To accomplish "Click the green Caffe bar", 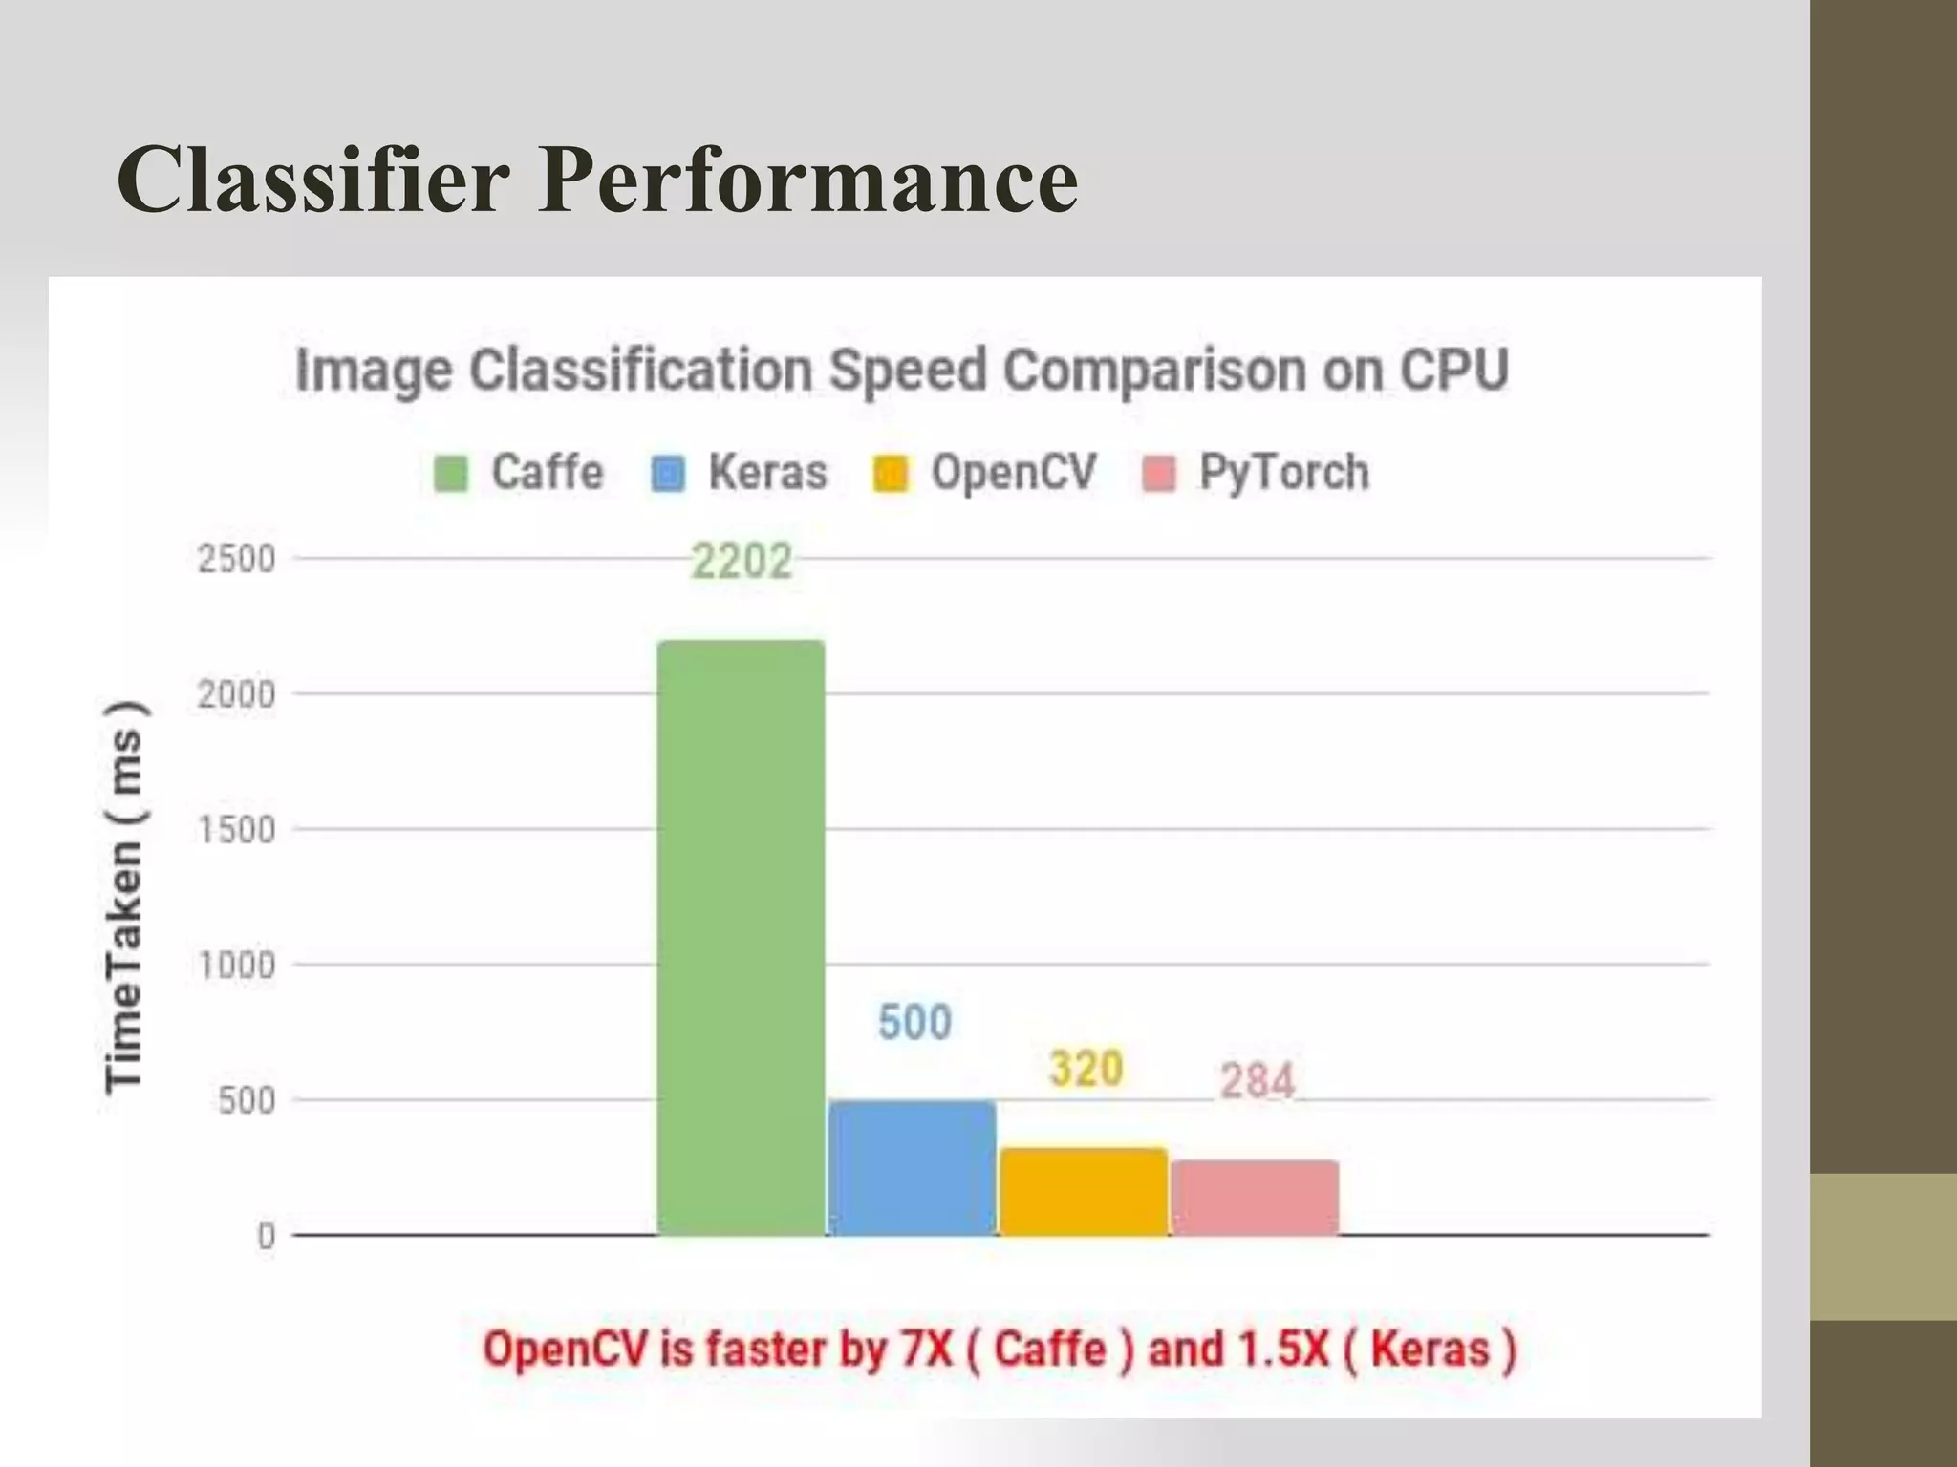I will (x=741, y=936).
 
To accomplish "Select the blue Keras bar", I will (x=912, y=1167).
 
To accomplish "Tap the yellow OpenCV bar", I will (x=1083, y=1191).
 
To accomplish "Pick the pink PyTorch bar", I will (x=1255, y=1198).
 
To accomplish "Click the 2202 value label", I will (x=742, y=562).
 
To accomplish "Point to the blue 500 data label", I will (x=914, y=1023).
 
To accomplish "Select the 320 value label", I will (x=1086, y=1069).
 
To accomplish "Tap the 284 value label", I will (x=1257, y=1081).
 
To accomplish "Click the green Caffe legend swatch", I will (x=451, y=473).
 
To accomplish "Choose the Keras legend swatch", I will (x=668, y=473).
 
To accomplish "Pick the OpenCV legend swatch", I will (x=891, y=473).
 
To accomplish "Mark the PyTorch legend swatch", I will (x=1159, y=473).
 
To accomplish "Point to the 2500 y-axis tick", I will (x=236, y=559).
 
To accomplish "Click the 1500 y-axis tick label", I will (x=236, y=830).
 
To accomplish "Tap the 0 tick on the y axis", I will (x=266, y=1237).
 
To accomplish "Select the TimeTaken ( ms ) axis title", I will (x=124, y=895).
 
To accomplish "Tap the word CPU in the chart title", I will (x=1453, y=371).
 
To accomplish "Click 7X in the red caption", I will (x=926, y=1350).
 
